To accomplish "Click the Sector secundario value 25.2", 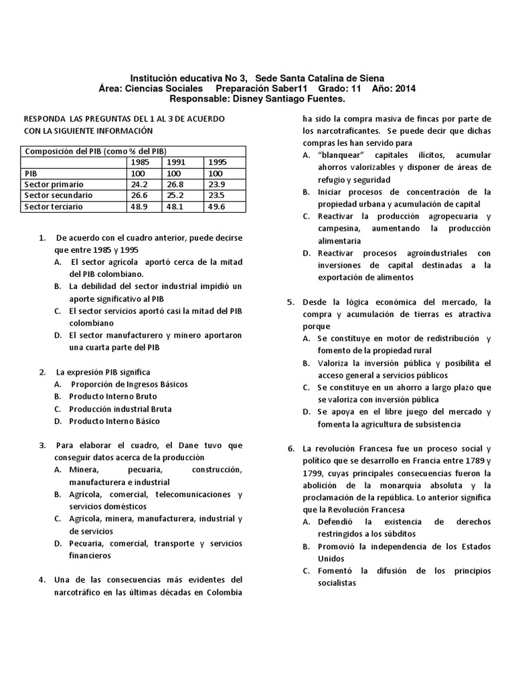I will click(177, 195).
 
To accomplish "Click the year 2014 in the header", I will click(405, 88).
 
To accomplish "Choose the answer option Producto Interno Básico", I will click(114, 421).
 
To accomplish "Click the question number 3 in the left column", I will click(42, 446).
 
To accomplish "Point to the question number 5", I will click(291, 302).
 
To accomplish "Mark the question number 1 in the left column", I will click(42, 238).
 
